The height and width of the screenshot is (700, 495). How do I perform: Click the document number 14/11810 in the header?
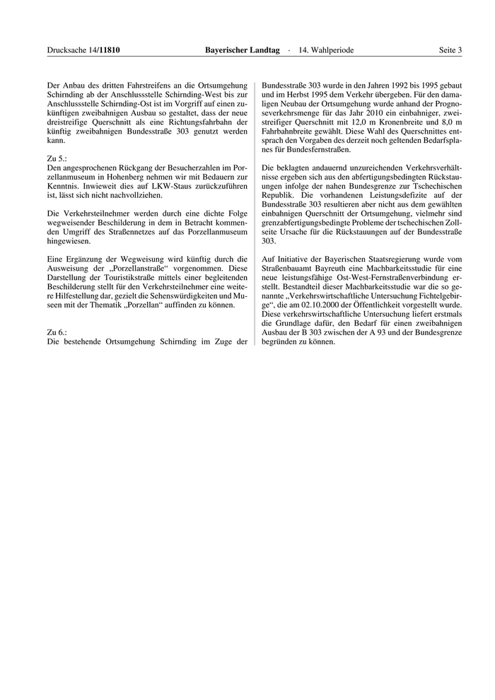[x=104, y=50]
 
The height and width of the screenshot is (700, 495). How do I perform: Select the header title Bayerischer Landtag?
[x=242, y=50]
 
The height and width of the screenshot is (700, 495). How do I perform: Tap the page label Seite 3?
[x=450, y=50]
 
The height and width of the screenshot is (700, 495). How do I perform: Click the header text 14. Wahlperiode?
[x=326, y=50]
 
